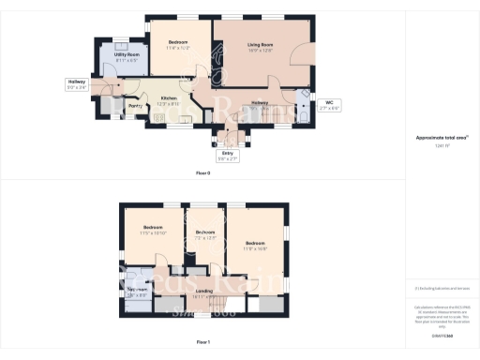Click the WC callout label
[328, 104]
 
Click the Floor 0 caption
[202, 174]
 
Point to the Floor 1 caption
[202, 343]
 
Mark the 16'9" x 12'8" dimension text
[261, 52]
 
